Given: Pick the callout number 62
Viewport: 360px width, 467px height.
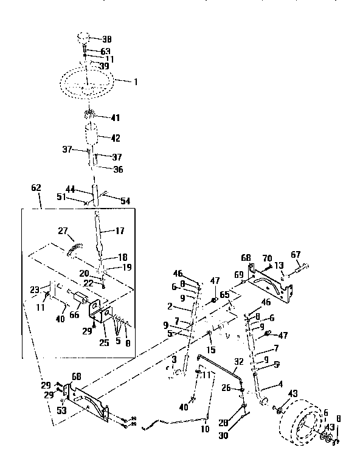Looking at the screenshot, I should pyautogui.click(x=36, y=189).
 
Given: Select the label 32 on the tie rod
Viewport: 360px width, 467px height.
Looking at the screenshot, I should pyautogui.click(x=239, y=361).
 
